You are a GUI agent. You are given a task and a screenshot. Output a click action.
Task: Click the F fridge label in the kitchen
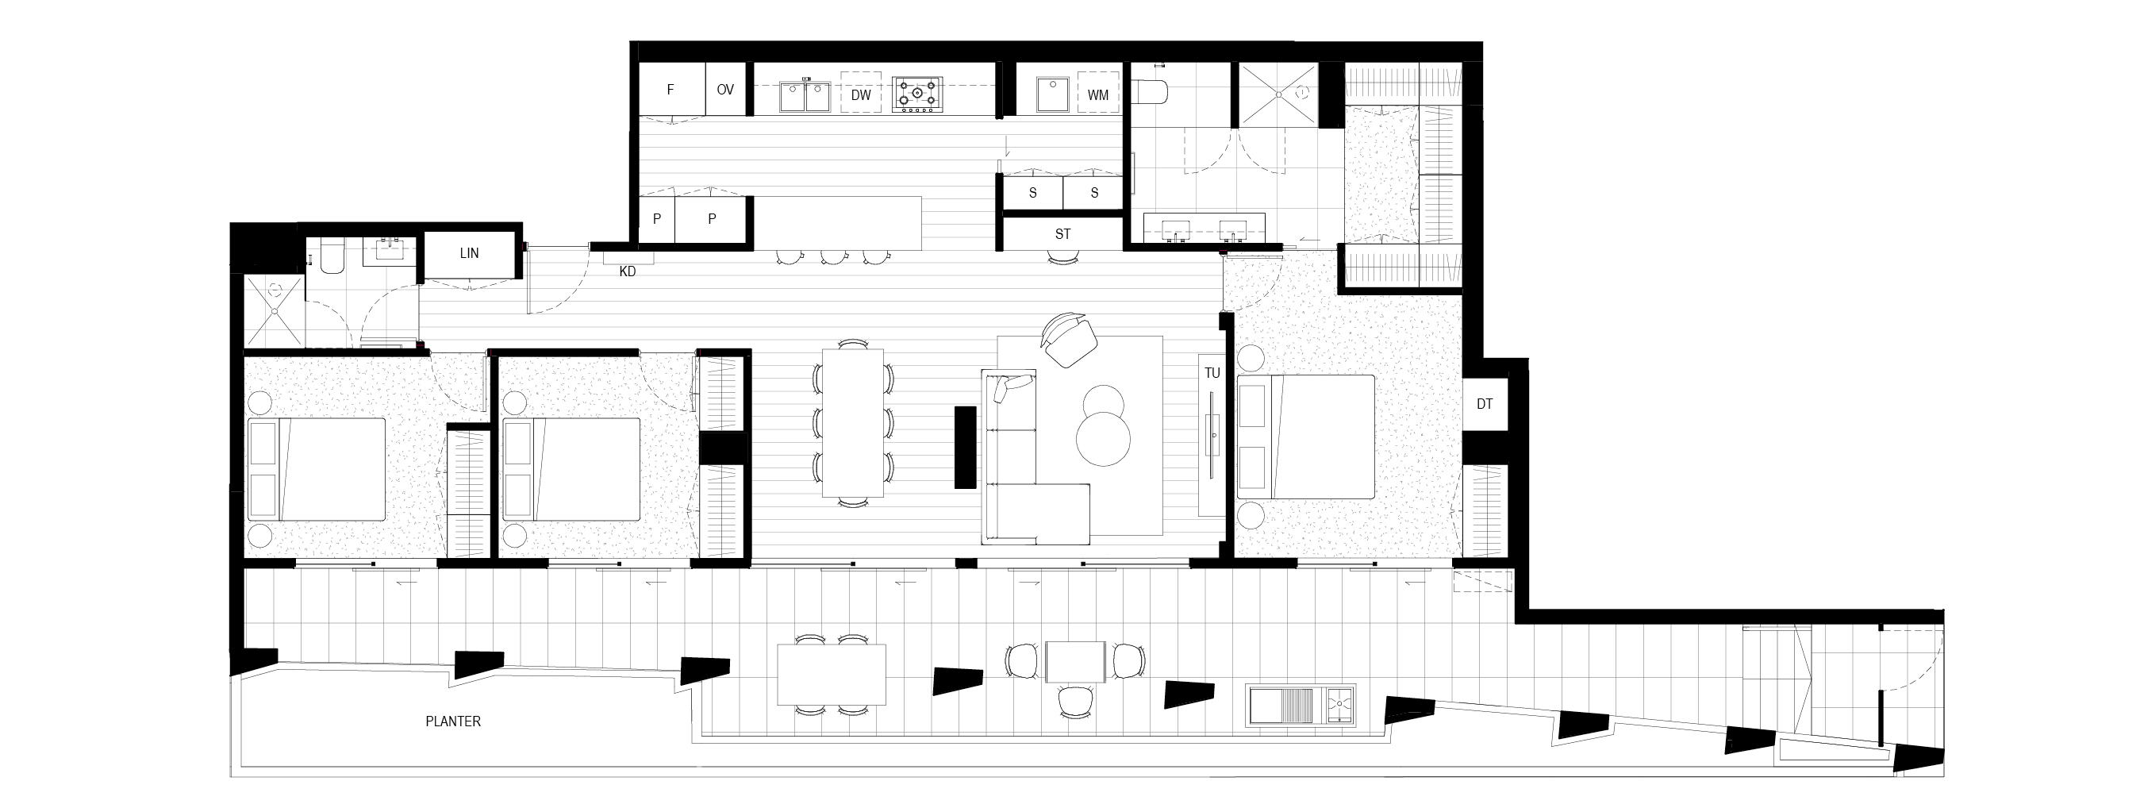(x=670, y=90)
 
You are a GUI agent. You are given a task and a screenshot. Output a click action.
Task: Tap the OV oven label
(x=725, y=90)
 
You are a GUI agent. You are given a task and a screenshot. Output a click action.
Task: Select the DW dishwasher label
(x=861, y=95)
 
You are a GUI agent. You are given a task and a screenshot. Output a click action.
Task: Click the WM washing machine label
(x=1098, y=95)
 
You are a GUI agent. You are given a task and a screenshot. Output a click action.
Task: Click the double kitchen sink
(x=805, y=95)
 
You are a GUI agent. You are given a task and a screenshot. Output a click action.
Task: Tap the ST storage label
(x=1062, y=234)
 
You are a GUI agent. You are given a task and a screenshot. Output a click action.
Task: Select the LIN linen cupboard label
(x=470, y=253)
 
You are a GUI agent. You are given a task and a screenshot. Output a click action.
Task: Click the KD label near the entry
(x=628, y=271)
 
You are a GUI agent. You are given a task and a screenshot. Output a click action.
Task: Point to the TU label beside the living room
(x=1212, y=373)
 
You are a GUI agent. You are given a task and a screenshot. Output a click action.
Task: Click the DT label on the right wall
(x=1485, y=405)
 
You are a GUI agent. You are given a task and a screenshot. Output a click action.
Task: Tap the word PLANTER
(x=453, y=721)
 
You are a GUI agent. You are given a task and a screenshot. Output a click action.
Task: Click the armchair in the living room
(x=1069, y=339)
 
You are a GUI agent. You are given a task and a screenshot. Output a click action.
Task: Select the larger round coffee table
(x=1104, y=440)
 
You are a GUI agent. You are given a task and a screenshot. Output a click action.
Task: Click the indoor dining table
(x=853, y=423)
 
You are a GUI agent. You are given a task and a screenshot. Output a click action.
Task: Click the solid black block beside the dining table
(x=966, y=447)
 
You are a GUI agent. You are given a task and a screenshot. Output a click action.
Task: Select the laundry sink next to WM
(x=1052, y=95)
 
